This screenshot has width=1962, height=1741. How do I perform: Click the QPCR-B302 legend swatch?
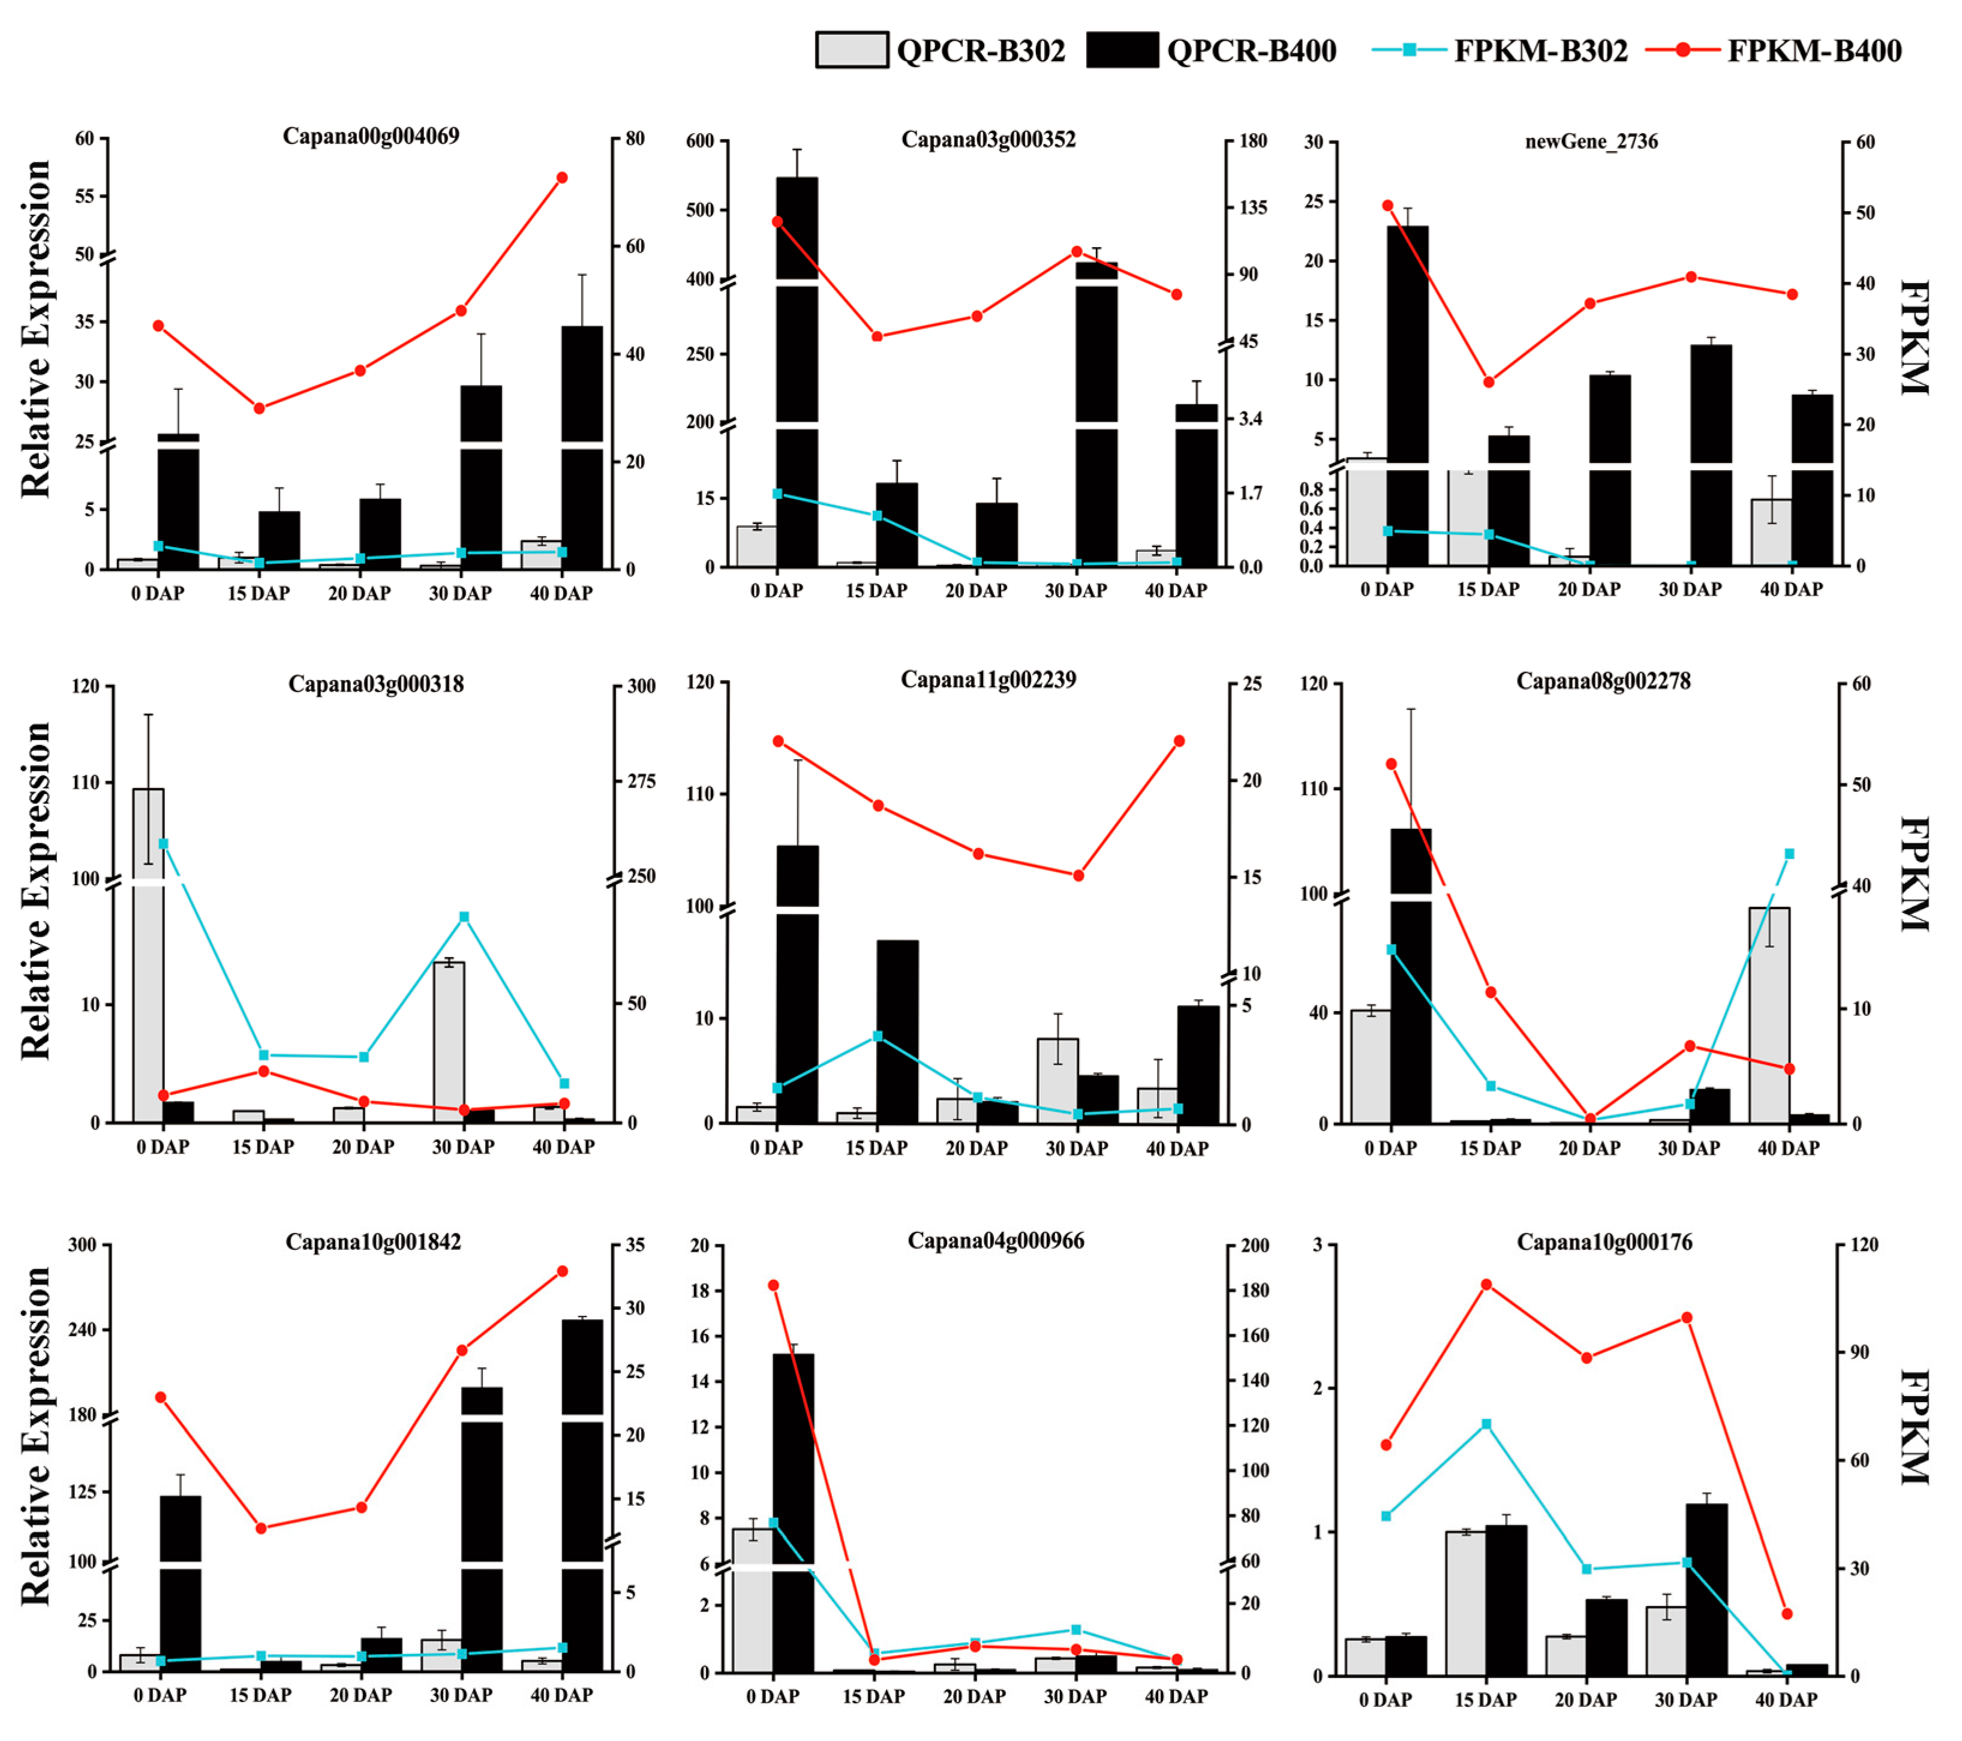coord(851,50)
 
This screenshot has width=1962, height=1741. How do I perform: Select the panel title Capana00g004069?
coord(371,136)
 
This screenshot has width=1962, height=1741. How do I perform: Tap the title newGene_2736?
coord(1591,142)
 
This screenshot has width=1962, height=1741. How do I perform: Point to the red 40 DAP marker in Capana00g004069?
coord(563,178)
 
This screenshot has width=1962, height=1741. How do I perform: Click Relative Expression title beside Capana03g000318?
coord(37,891)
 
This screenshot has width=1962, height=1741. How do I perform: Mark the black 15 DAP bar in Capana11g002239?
coord(897,1031)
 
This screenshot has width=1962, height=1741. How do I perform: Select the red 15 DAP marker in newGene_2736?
coord(1489,382)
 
